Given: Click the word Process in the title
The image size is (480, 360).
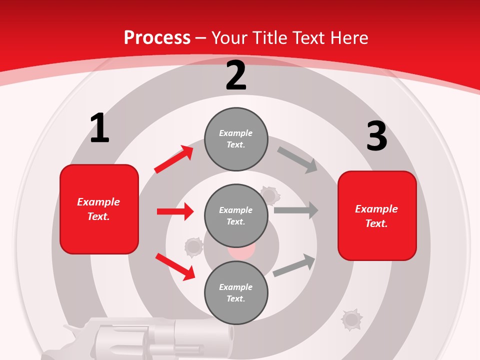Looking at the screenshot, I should coord(157,37).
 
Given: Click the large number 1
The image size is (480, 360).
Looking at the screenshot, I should coord(99,128).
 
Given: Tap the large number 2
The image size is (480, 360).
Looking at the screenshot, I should coord(236,75).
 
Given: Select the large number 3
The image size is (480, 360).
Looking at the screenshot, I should coord(376,136).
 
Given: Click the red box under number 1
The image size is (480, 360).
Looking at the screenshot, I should coord(99,209).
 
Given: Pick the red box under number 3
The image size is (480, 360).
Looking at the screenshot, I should coord(377,215).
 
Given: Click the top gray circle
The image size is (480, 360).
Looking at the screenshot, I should coord(236,139).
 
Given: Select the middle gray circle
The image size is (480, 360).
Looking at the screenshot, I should coord(236,215).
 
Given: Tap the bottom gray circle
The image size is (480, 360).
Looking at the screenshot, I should coord(236,292).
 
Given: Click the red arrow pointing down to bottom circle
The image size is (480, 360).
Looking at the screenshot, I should coord(175,266).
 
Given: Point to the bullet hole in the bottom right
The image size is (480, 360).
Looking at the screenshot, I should coord(351,319).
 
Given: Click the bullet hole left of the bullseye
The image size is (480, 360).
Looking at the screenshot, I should coord(193,247).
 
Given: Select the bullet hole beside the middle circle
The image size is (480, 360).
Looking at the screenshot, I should coord(270,194).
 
